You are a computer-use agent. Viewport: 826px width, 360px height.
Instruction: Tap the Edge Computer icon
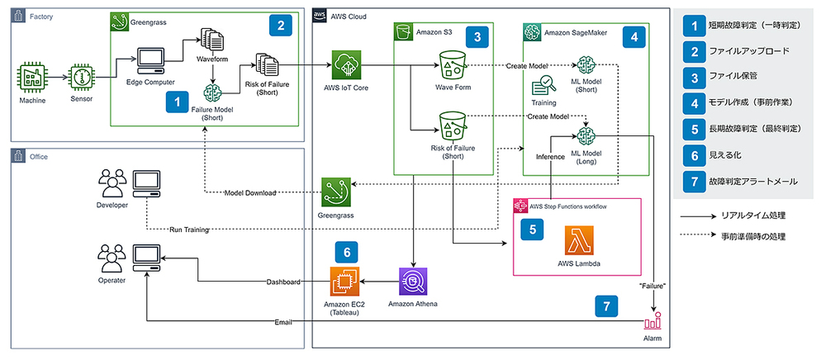click(x=150, y=61)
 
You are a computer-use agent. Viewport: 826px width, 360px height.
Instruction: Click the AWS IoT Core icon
click(x=346, y=65)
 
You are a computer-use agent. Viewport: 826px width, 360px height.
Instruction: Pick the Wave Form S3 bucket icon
click(x=453, y=65)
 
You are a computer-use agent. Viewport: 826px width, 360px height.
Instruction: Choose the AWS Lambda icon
click(x=578, y=240)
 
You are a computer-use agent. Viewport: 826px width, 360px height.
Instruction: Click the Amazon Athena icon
click(x=413, y=282)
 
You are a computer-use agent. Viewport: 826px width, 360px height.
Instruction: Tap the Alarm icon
click(x=653, y=320)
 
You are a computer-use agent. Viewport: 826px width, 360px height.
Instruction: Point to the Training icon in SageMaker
click(x=543, y=86)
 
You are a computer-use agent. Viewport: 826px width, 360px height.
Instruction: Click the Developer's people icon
click(x=112, y=182)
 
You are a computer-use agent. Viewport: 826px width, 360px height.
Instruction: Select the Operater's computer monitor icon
click(x=146, y=257)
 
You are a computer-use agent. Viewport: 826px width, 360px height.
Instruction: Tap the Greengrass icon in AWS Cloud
click(x=337, y=192)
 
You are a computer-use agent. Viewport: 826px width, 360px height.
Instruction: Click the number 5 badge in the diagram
click(x=533, y=229)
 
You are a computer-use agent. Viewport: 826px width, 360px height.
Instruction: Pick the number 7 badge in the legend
click(x=695, y=181)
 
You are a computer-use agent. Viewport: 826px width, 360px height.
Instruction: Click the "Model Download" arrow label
click(x=250, y=192)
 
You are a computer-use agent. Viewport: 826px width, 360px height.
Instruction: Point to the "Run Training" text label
click(x=188, y=230)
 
